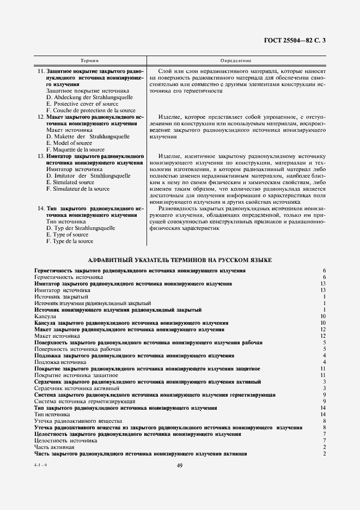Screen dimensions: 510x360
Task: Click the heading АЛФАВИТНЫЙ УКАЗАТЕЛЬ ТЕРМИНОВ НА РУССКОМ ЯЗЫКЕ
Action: pos(180,260)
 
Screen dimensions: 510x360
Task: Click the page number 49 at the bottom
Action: pos(180,465)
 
